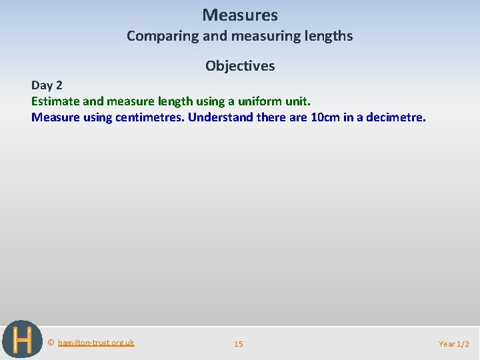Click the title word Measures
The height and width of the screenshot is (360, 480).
240,15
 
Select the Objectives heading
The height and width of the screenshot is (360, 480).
240,66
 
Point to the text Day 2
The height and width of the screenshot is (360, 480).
47,85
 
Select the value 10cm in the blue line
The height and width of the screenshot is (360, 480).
327,117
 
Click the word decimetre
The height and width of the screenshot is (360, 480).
394,117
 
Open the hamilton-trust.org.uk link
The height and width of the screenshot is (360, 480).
96,343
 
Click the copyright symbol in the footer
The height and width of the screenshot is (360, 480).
51,343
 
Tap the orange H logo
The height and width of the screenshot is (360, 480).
22,339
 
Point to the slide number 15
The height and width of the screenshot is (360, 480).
239,344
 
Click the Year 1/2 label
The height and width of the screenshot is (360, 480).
454,344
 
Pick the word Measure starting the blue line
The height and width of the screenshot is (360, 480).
55,117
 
